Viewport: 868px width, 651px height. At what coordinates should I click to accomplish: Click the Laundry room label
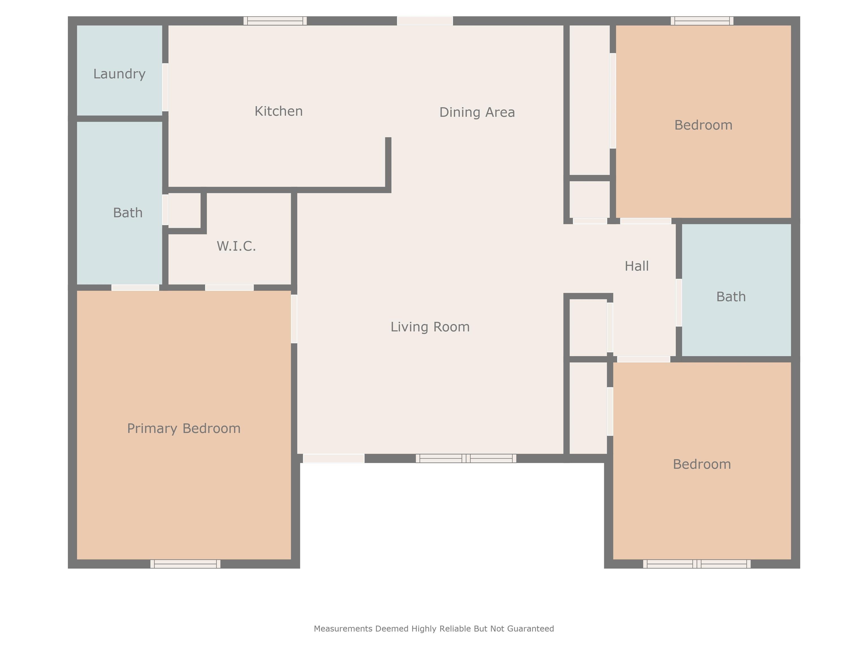tap(119, 74)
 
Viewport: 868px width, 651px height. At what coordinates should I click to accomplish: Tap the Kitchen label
tap(279, 111)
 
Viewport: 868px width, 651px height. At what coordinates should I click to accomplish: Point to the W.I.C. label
tap(236, 246)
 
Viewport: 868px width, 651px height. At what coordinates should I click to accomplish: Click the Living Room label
tap(430, 327)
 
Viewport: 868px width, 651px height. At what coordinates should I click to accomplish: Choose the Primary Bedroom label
tap(184, 429)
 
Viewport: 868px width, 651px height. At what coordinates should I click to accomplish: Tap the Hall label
tap(637, 266)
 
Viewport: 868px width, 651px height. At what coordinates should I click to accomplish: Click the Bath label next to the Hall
tap(731, 297)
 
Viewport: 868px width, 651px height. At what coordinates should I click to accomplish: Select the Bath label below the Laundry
tap(127, 213)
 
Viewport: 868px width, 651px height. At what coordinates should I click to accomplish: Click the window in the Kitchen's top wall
tap(275, 21)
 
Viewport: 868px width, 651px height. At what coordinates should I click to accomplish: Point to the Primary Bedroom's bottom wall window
tap(185, 564)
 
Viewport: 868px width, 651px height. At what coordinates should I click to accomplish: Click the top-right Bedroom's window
tap(702, 21)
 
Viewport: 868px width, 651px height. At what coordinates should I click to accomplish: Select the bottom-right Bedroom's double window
tap(697, 564)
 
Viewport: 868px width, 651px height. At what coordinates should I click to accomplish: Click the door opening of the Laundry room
tap(165, 87)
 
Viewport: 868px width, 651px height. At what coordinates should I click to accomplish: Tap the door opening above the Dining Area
tap(425, 21)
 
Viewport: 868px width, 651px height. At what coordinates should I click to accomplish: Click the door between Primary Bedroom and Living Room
tap(294, 319)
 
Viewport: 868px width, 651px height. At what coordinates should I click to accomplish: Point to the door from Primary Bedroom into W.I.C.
tap(229, 288)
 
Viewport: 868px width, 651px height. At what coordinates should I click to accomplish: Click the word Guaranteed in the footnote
tap(531, 629)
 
